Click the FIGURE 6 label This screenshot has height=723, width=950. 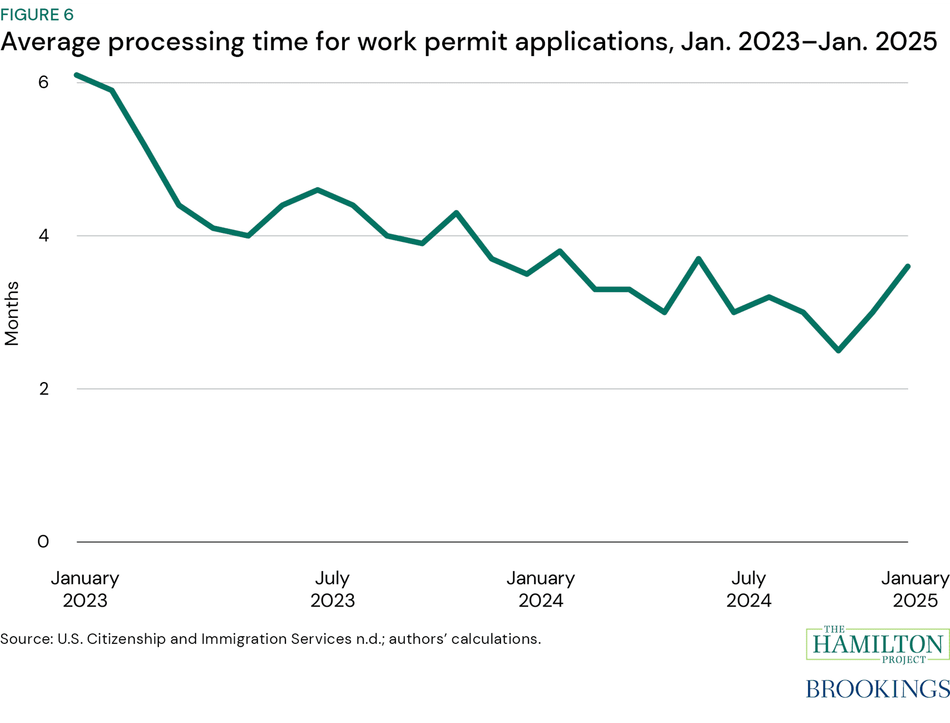pos(37,15)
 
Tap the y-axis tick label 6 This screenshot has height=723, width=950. pos(44,83)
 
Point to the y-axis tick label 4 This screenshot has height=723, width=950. pos(44,235)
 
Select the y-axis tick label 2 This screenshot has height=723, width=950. pos(44,389)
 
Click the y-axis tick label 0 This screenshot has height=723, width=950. pos(43,542)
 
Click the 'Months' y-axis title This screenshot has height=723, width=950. pos(12,313)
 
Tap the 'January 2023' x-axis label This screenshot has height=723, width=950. pos(85,589)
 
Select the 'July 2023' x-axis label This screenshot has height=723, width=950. pos(332,589)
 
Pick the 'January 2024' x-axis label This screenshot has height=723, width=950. pos(541,589)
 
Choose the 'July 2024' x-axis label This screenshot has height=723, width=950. pos(749,589)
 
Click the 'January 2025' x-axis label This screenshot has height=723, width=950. pos(914,589)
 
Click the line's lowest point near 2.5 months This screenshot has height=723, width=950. pos(839,350)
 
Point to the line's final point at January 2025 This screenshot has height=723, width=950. pos(908,266)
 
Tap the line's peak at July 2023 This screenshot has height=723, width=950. pos(318,190)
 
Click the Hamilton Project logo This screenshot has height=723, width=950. pos(877,644)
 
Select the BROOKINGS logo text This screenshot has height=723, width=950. pos(877,689)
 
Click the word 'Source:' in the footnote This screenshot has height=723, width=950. pos(27,639)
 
